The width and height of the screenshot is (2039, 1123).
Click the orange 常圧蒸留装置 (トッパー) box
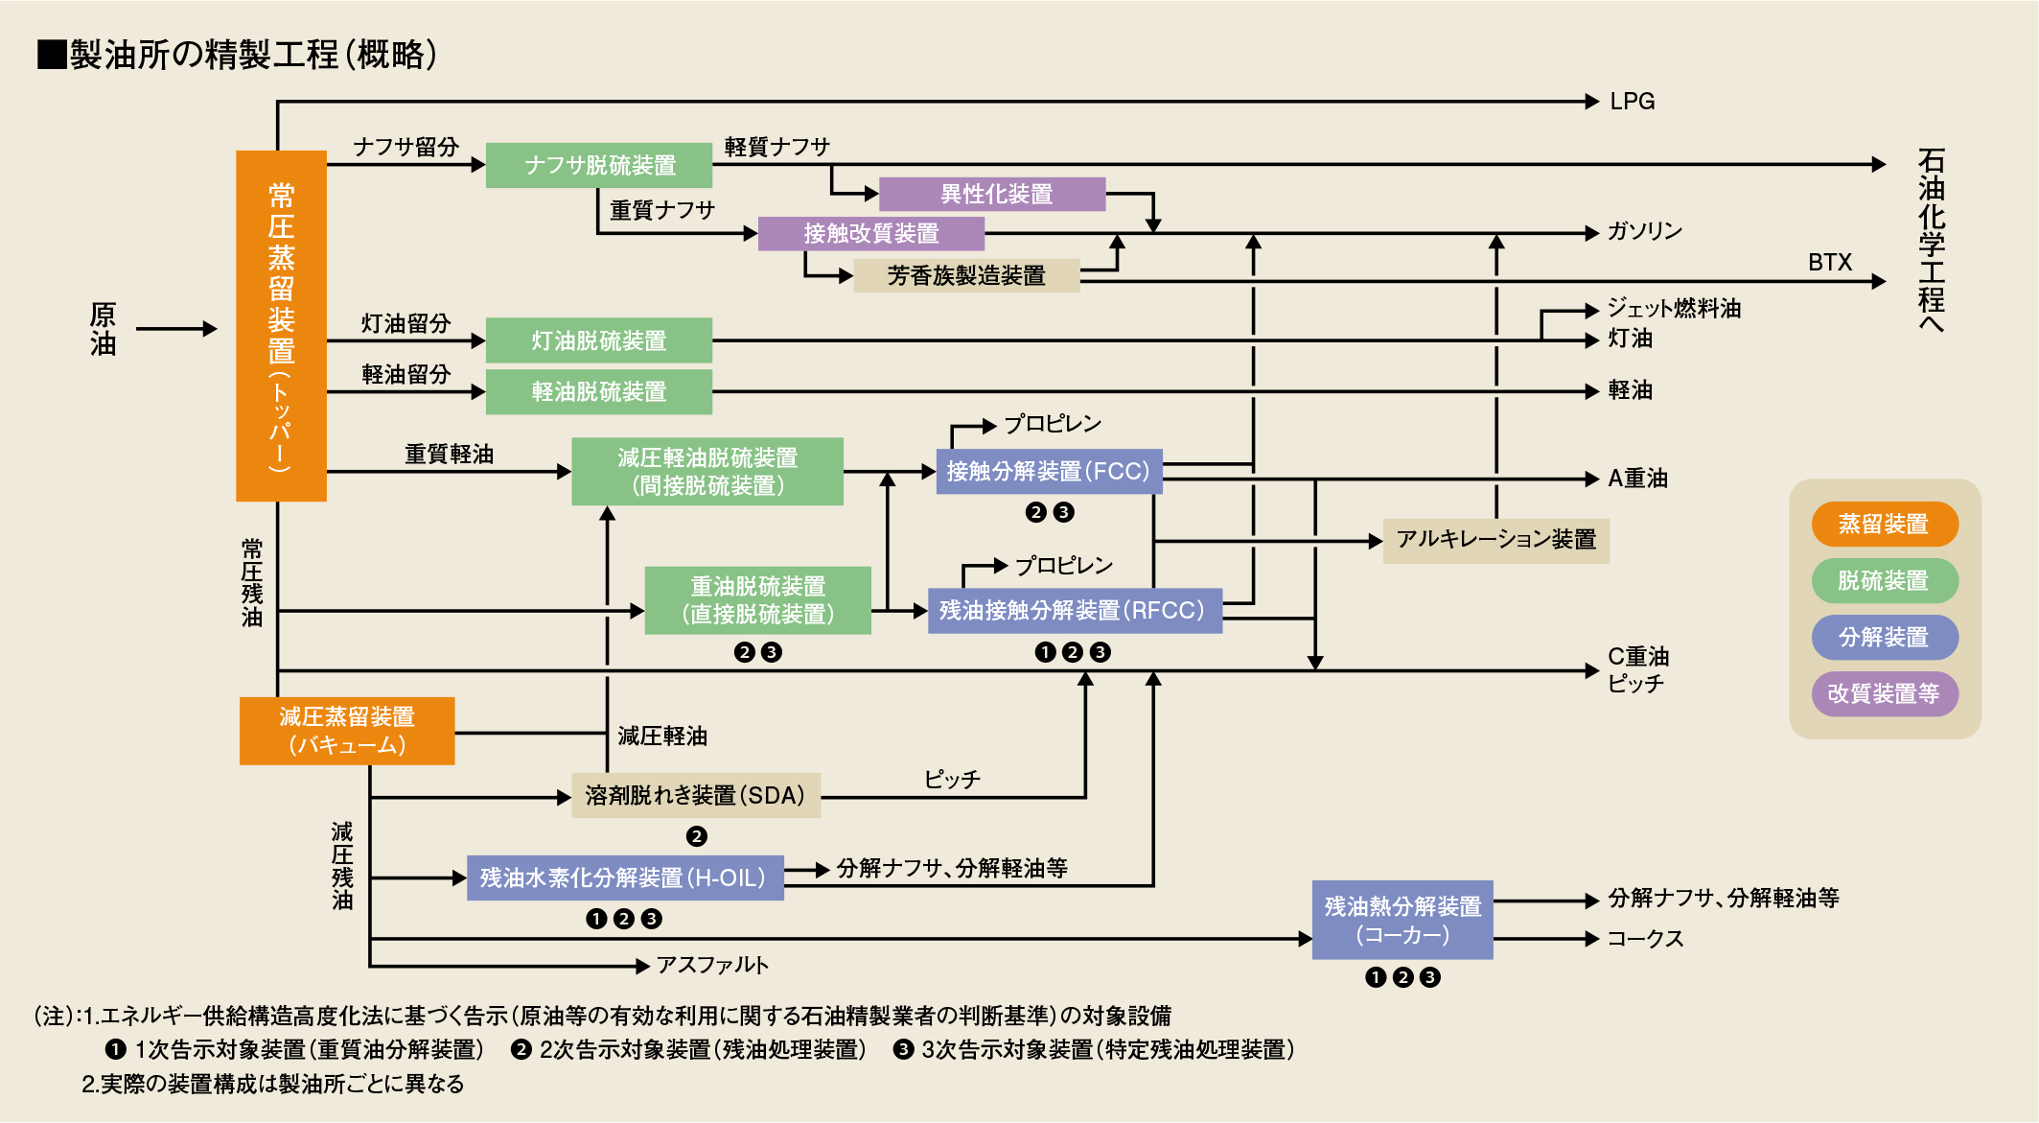[281, 326]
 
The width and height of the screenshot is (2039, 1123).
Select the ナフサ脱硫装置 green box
[599, 165]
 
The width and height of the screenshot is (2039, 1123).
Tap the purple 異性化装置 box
[992, 194]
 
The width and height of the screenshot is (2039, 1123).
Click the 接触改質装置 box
[870, 233]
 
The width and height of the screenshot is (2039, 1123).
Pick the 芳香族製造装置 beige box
[965, 275]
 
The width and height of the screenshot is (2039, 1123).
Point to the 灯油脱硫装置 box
[599, 340]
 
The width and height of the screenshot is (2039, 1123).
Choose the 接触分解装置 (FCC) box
[1049, 471]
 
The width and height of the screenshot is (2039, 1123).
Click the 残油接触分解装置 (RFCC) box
[1074, 610]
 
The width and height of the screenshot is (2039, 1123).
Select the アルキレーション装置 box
[1495, 540]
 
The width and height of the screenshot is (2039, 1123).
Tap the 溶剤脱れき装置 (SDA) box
[696, 795]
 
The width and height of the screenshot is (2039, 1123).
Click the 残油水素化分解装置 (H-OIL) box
[625, 877]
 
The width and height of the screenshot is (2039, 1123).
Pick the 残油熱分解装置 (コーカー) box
[1402, 920]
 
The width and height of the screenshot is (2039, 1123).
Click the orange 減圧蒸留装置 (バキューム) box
[347, 731]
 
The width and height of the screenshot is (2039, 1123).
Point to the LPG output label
[1632, 102]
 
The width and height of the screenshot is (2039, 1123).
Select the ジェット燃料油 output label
[1673, 309]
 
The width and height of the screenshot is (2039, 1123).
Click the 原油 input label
[103, 328]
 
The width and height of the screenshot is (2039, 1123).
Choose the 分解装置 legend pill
[1884, 637]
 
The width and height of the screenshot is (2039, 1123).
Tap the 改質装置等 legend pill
[1884, 693]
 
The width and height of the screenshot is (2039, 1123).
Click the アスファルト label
[712, 965]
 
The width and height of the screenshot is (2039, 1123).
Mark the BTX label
[1829, 263]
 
